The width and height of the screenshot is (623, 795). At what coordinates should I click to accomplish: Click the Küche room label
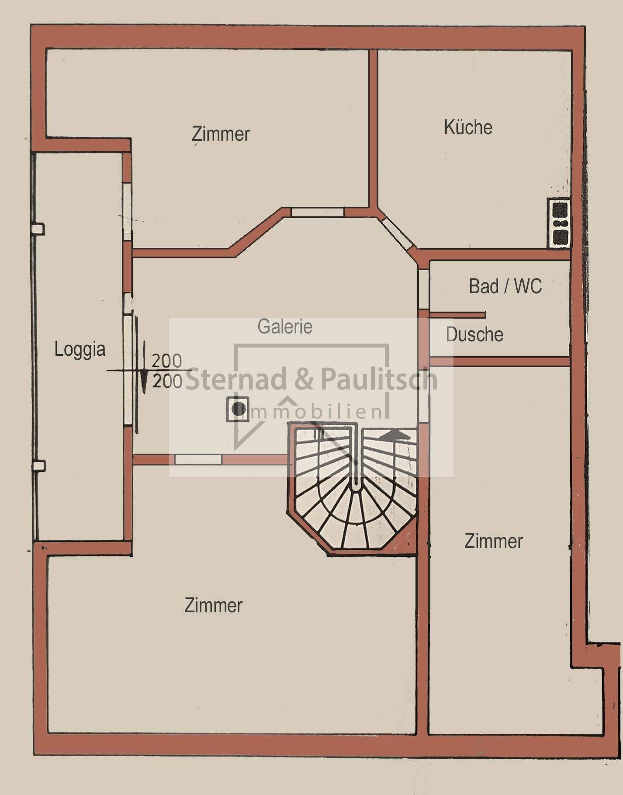click(468, 128)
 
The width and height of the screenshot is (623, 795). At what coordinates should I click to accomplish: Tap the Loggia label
click(80, 349)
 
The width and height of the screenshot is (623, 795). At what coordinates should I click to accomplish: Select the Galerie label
click(285, 327)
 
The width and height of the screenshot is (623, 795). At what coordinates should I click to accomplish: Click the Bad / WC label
click(505, 287)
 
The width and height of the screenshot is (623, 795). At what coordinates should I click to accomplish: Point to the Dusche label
click(474, 335)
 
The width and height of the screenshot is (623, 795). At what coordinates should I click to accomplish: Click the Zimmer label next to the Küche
click(221, 134)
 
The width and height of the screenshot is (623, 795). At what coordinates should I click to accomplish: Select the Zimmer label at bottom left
click(213, 605)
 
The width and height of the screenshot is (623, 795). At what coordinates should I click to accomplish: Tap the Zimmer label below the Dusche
click(493, 541)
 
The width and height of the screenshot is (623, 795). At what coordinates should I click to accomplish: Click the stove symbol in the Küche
click(560, 224)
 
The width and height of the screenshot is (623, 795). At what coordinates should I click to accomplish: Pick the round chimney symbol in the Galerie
click(238, 409)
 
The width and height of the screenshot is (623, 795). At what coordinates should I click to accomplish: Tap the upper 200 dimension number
click(166, 361)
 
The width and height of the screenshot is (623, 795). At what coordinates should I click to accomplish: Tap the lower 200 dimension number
click(167, 382)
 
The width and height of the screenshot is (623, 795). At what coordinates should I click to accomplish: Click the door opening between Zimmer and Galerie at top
click(318, 212)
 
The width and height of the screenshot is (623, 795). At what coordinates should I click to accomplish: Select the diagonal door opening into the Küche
click(397, 234)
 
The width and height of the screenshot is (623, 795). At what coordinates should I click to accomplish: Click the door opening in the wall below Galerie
click(198, 459)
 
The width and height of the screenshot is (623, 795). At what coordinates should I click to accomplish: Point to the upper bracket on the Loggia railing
click(38, 229)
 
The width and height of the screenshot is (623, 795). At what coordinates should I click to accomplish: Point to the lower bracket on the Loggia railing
click(39, 465)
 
